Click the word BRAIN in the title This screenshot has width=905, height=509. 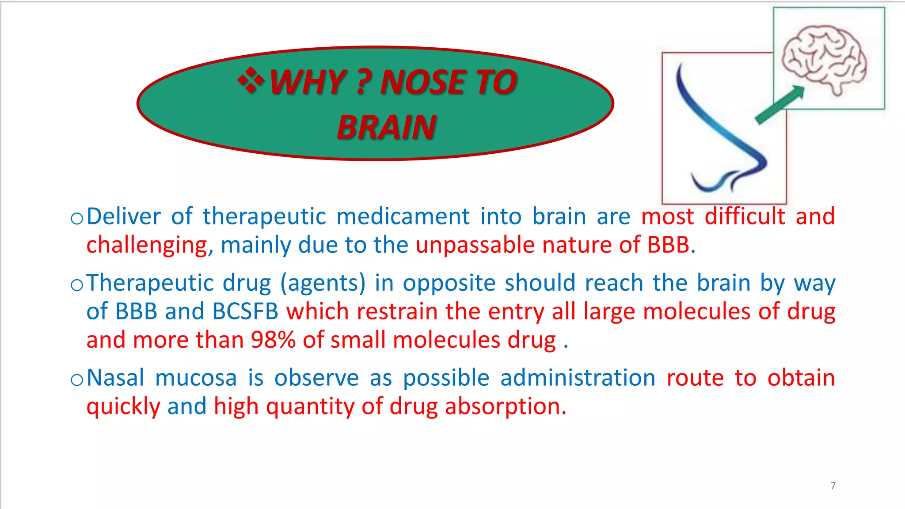coord(387,128)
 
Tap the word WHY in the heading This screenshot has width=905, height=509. coord(308,83)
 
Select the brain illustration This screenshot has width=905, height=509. coord(824,58)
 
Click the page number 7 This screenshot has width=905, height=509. coord(833,486)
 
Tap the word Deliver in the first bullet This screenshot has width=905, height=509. coord(124,217)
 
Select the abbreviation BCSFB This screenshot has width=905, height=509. coord(245,311)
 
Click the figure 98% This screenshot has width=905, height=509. coord(273,340)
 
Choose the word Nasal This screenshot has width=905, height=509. coord(116,378)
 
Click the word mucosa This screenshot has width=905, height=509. coord(196,378)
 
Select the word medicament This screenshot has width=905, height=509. coord(403,217)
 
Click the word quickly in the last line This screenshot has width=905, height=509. coord(123,407)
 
